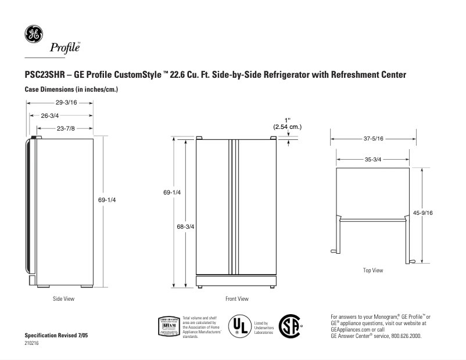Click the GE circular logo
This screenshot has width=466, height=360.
coord(33,34)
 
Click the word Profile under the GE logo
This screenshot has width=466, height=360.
coord(64,48)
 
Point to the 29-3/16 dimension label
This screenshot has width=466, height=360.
coord(60,103)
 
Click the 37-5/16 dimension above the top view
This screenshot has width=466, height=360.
coord(373,139)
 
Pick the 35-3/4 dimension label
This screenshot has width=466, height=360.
coord(372,159)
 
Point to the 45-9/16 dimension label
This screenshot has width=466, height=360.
coord(422,213)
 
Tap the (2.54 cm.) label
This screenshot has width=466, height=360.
coord(288,127)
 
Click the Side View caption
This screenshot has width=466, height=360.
coord(63,299)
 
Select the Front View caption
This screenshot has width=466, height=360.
coord(236,299)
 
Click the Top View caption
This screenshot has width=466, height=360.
coord(372,270)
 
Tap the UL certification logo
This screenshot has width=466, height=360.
coord(239,326)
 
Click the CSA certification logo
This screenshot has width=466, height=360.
coord(289,326)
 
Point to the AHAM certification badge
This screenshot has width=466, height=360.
coord(169,326)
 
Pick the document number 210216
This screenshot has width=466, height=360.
coord(33,343)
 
